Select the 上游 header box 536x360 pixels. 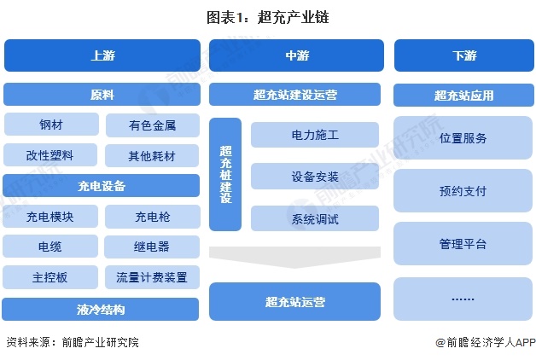102,55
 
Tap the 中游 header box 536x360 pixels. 296,55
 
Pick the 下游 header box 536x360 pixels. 464,55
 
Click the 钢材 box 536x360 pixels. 51,125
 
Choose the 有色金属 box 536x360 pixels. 153,125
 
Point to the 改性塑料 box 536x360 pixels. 50,155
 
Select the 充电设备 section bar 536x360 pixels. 102,186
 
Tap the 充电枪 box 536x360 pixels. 153,217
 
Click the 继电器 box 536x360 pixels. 152,247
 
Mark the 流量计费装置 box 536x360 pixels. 152,277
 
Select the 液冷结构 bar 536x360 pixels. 101,309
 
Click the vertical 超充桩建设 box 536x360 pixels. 225,175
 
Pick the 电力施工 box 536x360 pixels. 315,135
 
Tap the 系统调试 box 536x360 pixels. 315,218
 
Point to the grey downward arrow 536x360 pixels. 294,257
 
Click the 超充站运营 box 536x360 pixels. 294,302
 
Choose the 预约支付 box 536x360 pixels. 463,190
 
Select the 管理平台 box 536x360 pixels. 463,243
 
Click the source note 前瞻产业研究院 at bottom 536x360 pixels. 101,342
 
